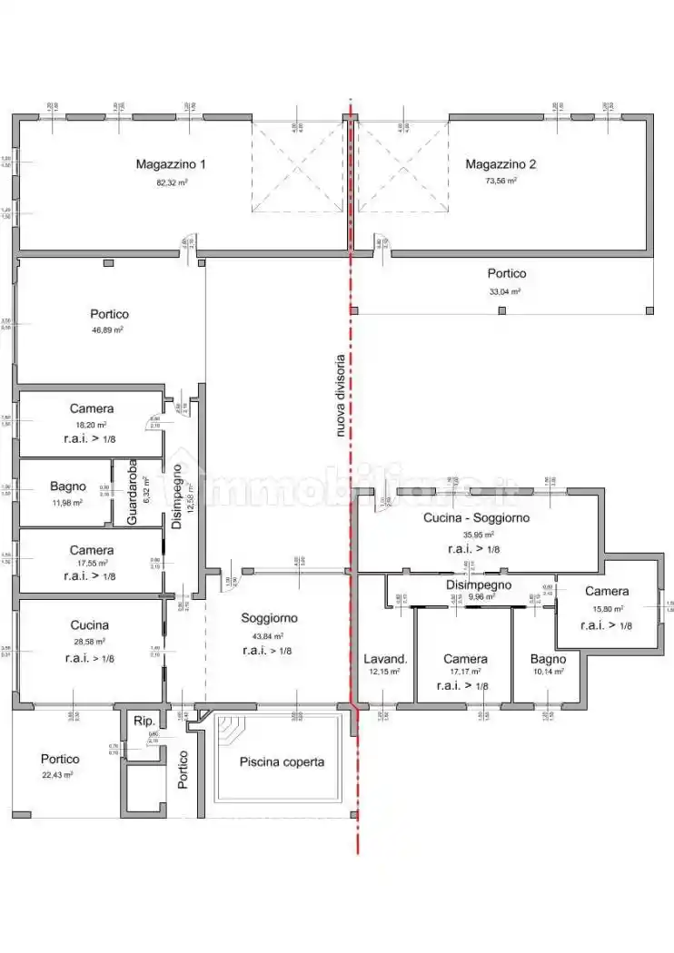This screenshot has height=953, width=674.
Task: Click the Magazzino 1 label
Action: coord(172,164)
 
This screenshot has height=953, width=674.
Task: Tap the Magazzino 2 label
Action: coord(501,164)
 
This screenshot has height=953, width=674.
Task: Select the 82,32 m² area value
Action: coord(172,182)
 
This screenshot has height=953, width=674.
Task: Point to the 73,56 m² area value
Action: coord(501,182)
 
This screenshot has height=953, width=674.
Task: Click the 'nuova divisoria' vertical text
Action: coord(342,396)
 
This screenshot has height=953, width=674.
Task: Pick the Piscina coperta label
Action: coord(282,761)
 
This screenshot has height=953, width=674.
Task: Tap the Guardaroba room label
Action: coord(132,495)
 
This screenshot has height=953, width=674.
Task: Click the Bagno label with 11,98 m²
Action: coord(67,486)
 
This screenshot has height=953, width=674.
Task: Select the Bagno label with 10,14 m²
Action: coord(549,659)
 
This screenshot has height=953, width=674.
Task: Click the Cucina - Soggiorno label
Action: coord(476,517)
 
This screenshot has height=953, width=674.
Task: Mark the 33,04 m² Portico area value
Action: coord(505,291)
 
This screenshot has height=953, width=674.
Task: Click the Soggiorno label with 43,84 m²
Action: coord(269,618)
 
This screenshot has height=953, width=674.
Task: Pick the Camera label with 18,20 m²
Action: coord(91,408)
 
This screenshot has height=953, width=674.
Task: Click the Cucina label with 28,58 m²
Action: coord(90,625)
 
